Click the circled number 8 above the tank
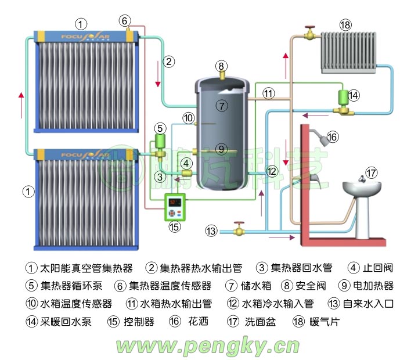point(221,65)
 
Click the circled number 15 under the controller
point(174,226)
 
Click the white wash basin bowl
point(361,188)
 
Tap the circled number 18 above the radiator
point(346,25)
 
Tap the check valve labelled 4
point(187,172)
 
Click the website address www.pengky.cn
point(207,346)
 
